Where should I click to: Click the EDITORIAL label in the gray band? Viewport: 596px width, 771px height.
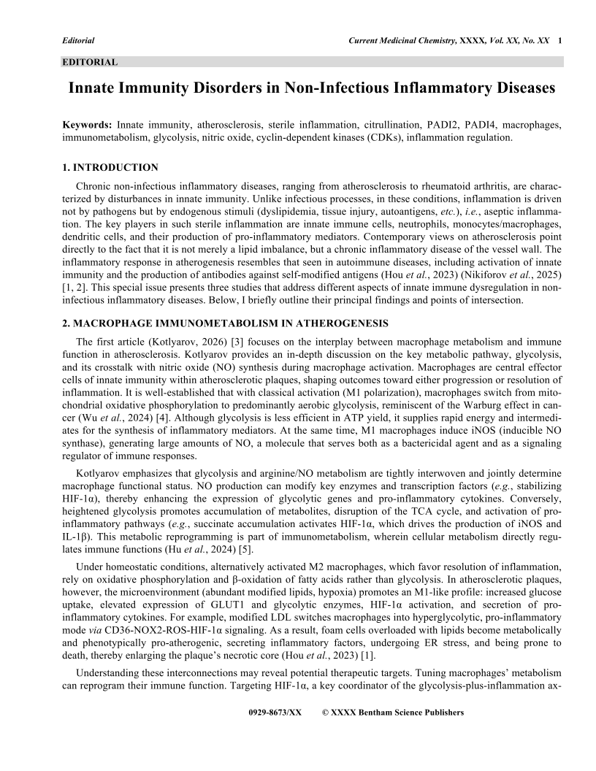pyautogui.click(x=90, y=62)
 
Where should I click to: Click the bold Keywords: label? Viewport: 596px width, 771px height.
pyautogui.click(x=88, y=126)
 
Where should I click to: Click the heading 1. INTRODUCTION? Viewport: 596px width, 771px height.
pyautogui.click(x=110, y=168)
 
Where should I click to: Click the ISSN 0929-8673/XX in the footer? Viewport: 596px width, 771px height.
pyautogui.click(x=275, y=713)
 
